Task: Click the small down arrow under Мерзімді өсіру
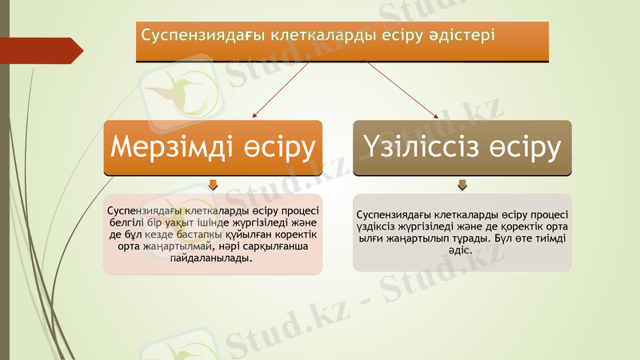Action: click(x=213, y=186)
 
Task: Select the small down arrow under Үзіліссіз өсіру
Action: click(x=462, y=186)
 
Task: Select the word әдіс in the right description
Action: click(x=462, y=250)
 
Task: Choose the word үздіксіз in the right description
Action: click(x=379, y=226)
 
